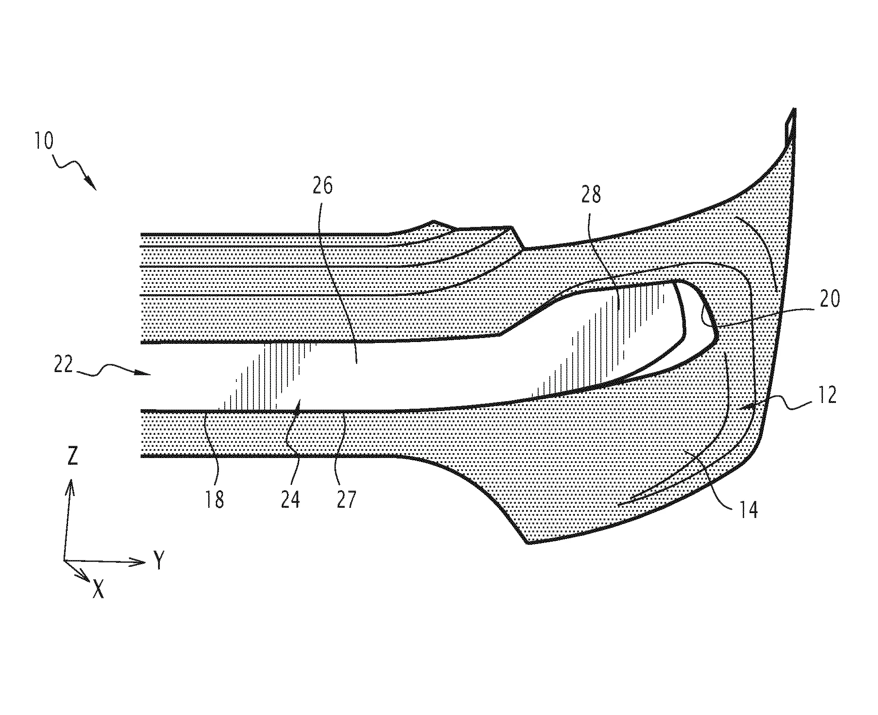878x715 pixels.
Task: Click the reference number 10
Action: click(x=43, y=141)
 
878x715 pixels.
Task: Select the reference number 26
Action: click(x=322, y=185)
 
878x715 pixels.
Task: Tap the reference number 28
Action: click(x=591, y=194)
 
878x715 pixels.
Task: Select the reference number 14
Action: click(x=746, y=509)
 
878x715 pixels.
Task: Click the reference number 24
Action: click(x=290, y=499)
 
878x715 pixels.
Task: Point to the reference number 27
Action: click(x=346, y=499)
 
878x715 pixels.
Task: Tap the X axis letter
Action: click(x=99, y=589)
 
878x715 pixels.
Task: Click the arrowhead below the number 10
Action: click(x=91, y=183)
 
